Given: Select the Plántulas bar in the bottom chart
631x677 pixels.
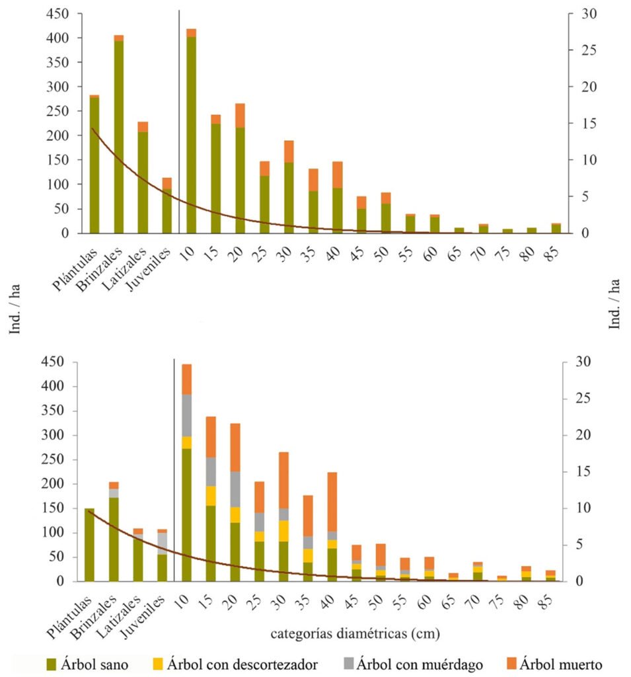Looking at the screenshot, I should point(89,545).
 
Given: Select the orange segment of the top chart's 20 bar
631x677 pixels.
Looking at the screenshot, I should point(239,116).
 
